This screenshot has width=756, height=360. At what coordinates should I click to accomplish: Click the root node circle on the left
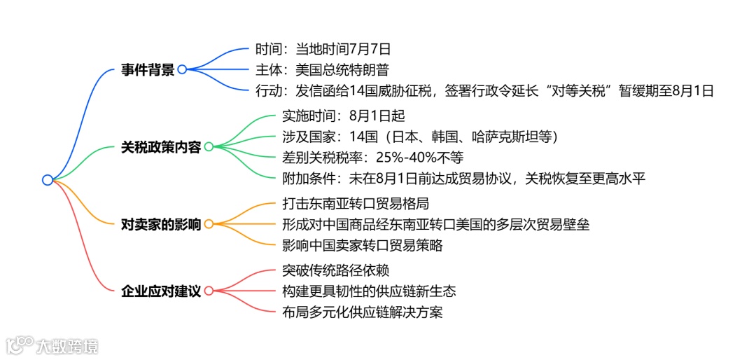48,180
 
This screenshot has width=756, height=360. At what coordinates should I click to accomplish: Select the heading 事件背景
147,69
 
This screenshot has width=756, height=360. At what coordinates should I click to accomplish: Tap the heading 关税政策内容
160,147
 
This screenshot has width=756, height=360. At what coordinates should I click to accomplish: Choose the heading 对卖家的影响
160,224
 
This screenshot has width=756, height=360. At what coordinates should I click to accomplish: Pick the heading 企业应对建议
160,291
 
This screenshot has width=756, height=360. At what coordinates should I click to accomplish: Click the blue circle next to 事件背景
182,69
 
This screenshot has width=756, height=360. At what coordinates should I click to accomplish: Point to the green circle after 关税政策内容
208,147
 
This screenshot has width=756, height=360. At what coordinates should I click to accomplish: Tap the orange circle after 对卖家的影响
208,224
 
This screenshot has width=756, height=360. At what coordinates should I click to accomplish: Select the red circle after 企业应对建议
208,291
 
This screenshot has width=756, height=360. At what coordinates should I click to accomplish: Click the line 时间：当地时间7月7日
323,50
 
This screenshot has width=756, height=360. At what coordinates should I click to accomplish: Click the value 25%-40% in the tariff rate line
400,158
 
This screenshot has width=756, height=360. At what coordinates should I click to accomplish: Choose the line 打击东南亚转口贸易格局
355,204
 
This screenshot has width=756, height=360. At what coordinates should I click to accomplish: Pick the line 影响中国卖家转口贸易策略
362,245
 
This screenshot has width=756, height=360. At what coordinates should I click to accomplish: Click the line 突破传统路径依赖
335,270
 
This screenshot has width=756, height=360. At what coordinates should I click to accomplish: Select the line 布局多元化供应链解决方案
362,312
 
